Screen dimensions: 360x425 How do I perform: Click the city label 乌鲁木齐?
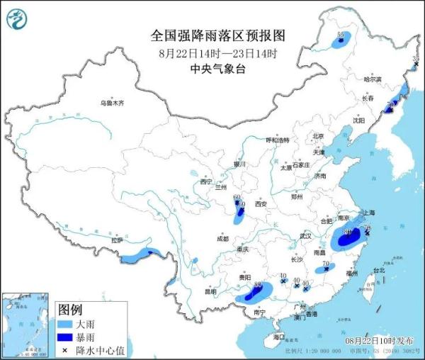111,103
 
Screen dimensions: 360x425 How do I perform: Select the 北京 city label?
318,136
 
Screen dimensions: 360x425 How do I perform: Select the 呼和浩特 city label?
278,140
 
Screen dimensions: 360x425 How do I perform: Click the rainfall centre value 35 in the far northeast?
416,59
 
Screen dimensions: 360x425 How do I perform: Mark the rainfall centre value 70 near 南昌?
325,265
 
